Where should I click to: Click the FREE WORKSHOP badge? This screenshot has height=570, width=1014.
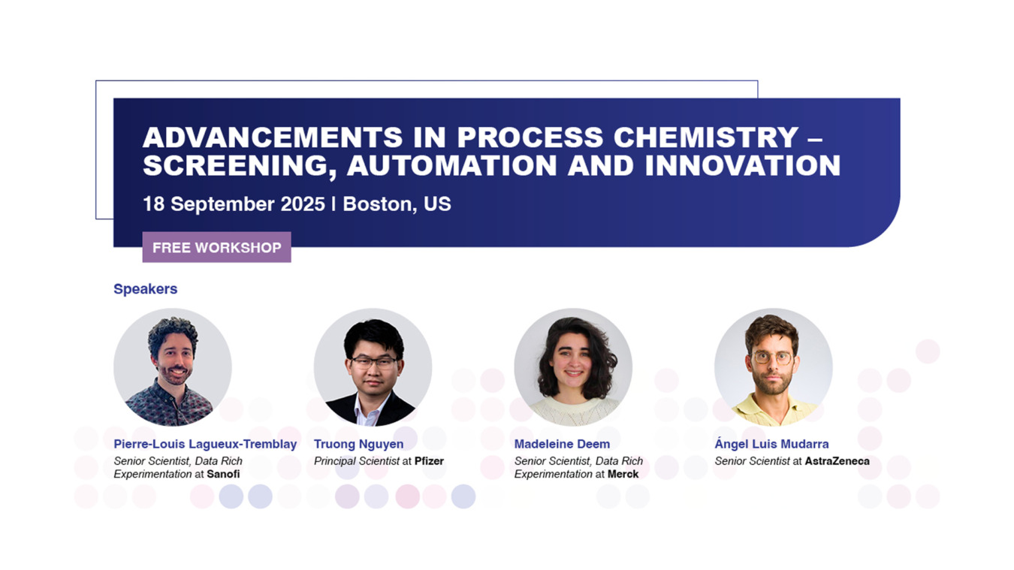click(216, 247)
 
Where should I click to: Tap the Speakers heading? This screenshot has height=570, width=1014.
click(145, 289)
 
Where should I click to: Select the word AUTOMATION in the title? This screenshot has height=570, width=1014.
click(451, 165)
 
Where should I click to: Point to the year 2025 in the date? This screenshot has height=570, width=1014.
click(303, 204)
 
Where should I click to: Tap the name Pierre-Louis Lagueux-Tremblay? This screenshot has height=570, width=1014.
click(205, 444)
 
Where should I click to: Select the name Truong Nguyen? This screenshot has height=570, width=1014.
click(358, 444)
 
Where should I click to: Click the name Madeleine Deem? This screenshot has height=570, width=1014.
click(562, 444)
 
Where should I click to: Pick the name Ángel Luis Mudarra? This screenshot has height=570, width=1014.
click(771, 444)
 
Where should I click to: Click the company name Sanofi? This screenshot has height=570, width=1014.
click(223, 474)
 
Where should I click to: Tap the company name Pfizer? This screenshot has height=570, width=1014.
click(429, 461)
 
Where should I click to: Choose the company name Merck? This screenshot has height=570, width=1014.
click(623, 474)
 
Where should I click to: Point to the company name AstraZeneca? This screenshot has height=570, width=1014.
click(837, 461)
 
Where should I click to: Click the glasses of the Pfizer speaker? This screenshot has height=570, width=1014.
click(374, 362)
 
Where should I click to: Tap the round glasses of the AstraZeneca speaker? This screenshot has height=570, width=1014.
click(772, 357)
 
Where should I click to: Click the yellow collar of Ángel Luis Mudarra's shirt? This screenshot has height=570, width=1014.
click(772, 407)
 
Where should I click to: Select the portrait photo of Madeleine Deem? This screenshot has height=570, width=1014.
click(573, 367)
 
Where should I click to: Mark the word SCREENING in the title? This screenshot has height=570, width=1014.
click(235, 166)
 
